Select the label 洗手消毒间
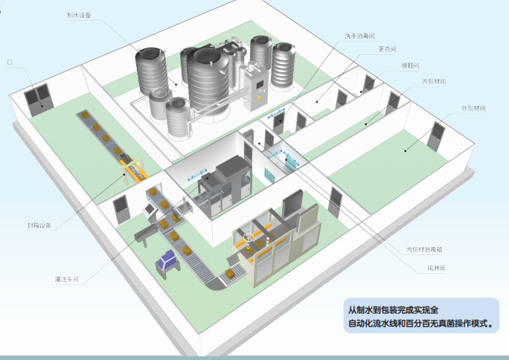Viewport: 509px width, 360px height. (359, 36)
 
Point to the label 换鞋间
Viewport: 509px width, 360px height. (410, 65)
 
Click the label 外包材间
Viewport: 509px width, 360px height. (473, 109)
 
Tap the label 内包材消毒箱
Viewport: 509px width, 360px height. (425, 249)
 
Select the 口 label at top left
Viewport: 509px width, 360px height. (10, 63)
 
